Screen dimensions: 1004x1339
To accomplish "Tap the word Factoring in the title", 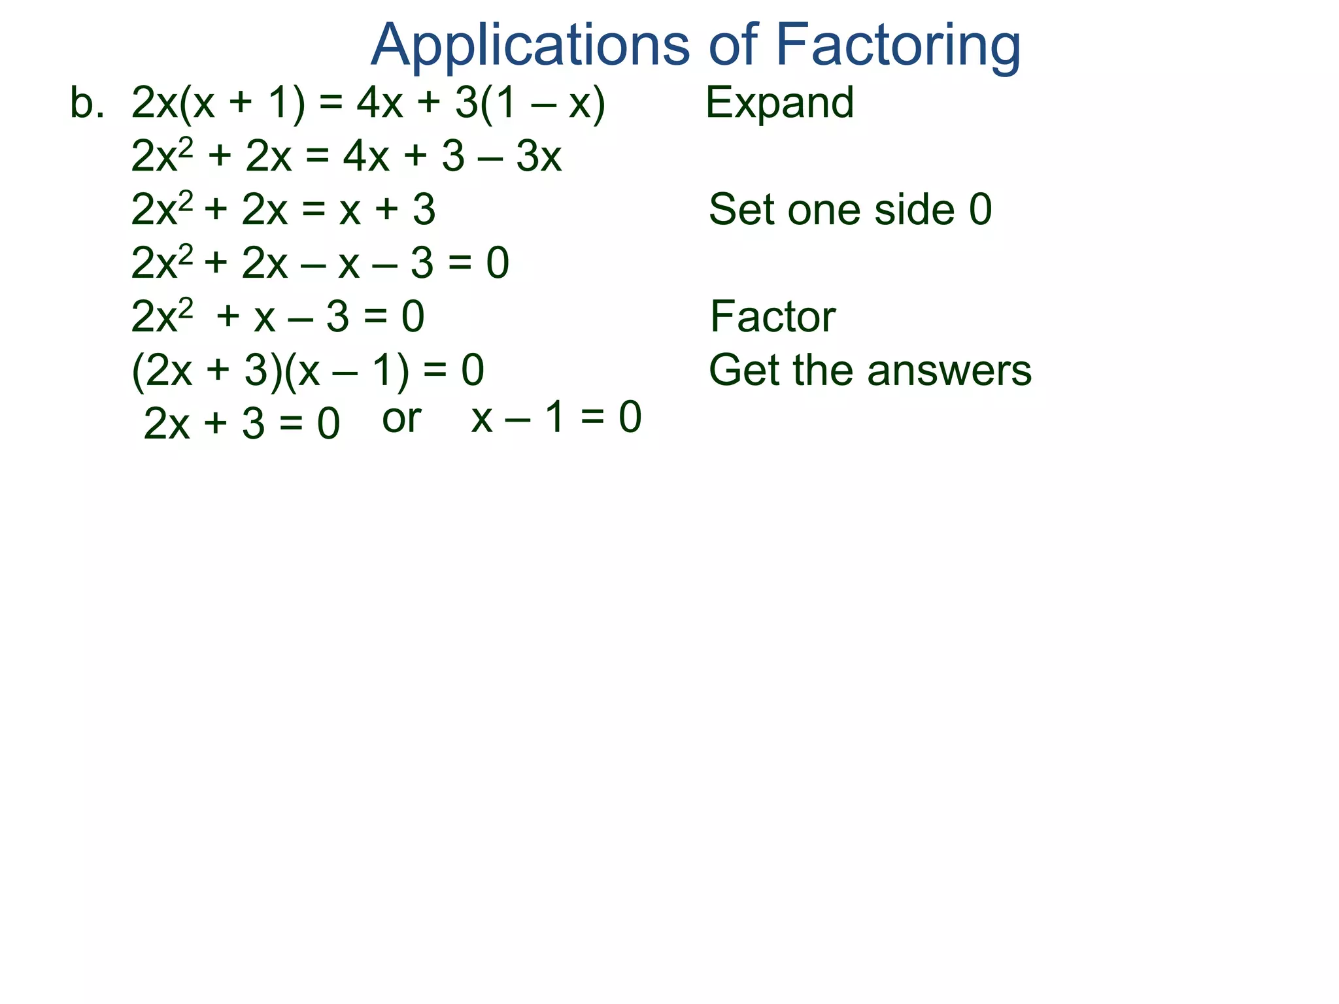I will coord(898,46).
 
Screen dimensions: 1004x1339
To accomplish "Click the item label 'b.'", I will coord(87,103).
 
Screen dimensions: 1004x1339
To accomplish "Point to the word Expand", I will coord(779,103).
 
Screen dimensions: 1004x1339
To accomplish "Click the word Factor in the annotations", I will coord(772,317).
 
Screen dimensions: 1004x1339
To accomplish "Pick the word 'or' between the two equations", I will coord(401,419).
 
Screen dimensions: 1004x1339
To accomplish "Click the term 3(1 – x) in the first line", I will coord(530,103).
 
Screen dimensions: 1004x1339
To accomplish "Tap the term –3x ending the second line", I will coord(523,157).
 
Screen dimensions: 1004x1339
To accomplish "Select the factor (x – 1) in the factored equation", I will coord(347,371).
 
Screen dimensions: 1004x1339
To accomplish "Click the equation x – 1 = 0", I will coord(556,418).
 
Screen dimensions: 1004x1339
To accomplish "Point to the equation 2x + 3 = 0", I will coord(241,424).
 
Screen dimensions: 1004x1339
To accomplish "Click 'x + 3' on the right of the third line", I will coord(387,210).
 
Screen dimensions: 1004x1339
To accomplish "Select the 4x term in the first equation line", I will coord(379,103).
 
